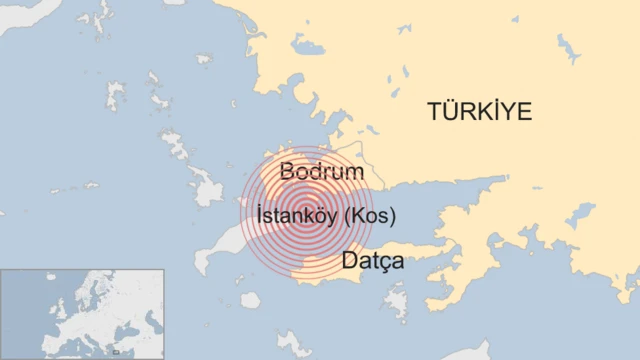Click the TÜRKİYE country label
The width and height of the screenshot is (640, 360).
[x=479, y=111]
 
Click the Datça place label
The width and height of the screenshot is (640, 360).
[x=372, y=262]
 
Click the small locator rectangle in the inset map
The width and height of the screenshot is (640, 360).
[x=116, y=351]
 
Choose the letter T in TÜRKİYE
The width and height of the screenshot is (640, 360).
[x=434, y=111]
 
